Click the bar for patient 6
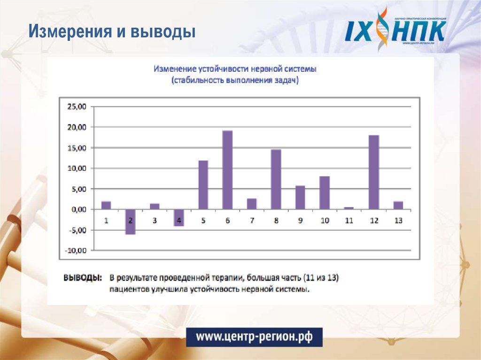(x=227, y=170)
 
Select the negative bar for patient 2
(x=130, y=222)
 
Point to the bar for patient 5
(x=203, y=185)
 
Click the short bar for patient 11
(x=349, y=208)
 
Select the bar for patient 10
(x=324, y=193)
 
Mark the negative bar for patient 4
(x=179, y=218)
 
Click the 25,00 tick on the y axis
(x=78, y=107)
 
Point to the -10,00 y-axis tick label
(x=77, y=251)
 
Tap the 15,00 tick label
(x=78, y=148)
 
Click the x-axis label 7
(x=252, y=221)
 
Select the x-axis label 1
(x=106, y=221)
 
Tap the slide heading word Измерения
(x=70, y=32)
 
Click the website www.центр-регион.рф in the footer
(x=254, y=337)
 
